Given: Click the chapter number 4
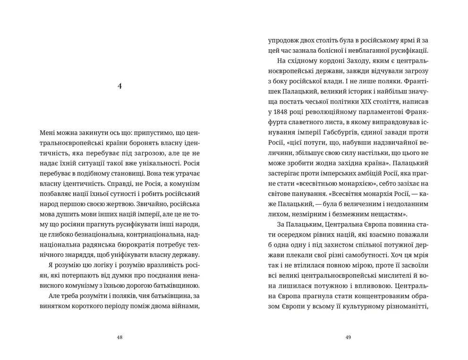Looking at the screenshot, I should pyautogui.click(x=119, y=86).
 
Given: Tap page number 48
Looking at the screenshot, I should pyautogui.click(x=119, y=337).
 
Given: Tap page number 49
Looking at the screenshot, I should pyautogui.click(x=348, y=337).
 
